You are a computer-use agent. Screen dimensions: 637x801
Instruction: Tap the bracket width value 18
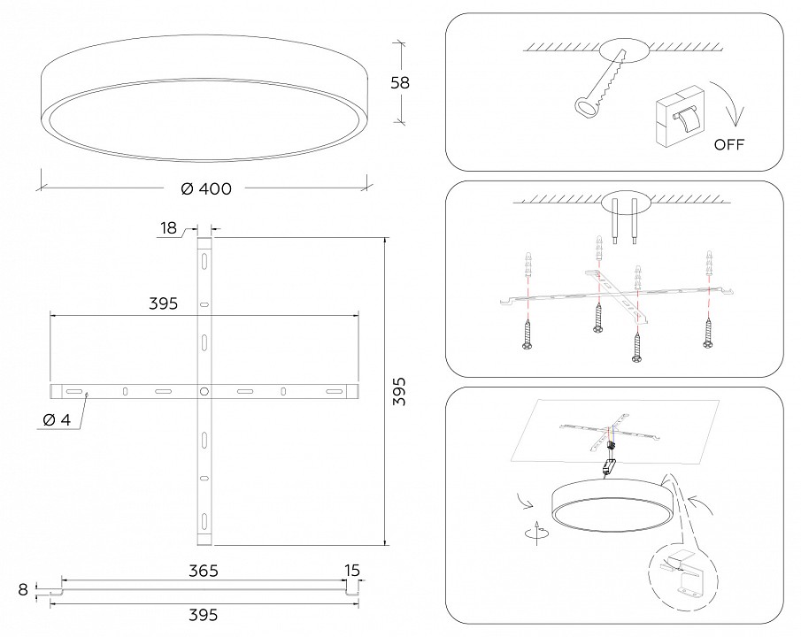[169, 229]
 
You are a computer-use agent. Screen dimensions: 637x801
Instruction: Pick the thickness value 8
[24, 587]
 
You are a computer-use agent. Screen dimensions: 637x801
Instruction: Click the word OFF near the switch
[729, 144]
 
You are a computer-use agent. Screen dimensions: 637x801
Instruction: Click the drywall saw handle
[584, 106]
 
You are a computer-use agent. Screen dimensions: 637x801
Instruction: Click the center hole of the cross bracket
[204, 390]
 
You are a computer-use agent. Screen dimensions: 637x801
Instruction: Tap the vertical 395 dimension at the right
[399, 391]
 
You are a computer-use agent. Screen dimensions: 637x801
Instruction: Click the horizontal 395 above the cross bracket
[163, 303]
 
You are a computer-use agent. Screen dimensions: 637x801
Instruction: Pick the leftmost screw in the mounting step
[527, 336]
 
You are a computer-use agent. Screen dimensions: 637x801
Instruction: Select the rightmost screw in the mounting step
[707, 332]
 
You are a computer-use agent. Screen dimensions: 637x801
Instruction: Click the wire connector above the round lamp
[609, 464]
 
